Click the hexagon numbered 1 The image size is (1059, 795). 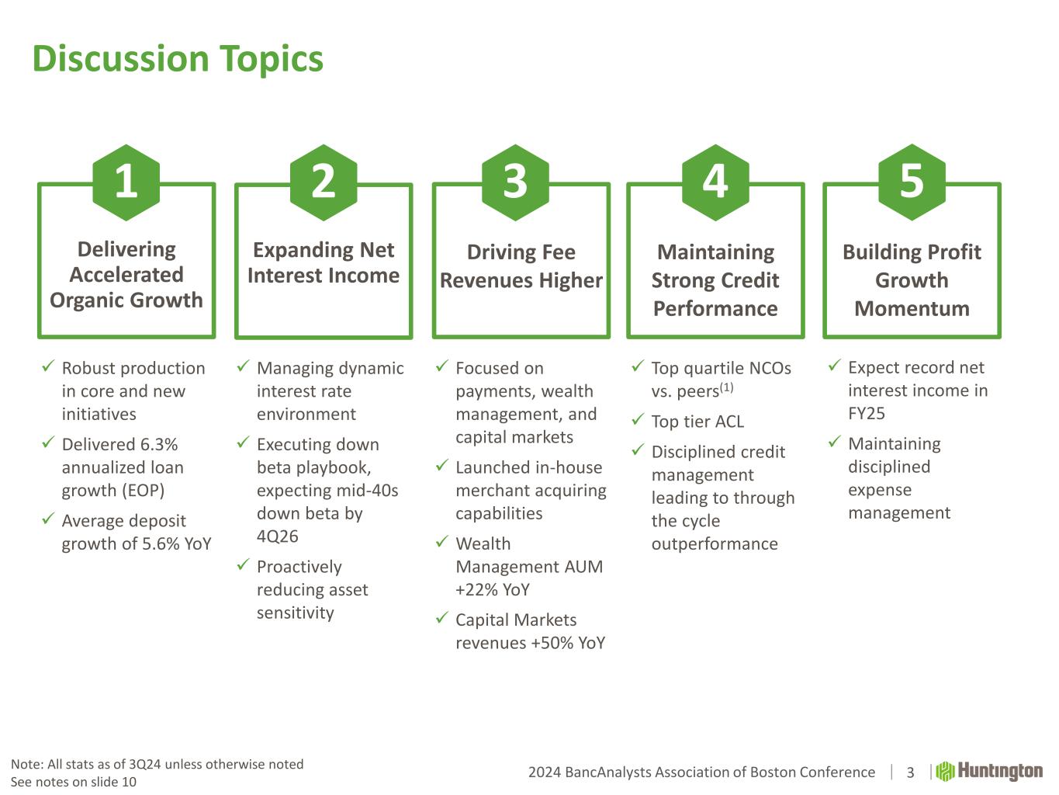(x=126, y=182)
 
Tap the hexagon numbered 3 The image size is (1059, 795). (x=515, y=182)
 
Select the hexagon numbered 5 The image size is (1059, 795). (x=912, y=182)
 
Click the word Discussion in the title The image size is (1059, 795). (x=120, y=58)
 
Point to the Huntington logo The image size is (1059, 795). (x=989, y=772)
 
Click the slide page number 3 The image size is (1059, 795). (x=910, y=772)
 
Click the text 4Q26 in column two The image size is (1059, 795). (x=278, y=536)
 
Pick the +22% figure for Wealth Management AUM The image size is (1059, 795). (x=477, y=589)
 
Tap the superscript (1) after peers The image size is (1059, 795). (x=727, y=387)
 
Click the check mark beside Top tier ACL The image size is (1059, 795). (x=638, y=419)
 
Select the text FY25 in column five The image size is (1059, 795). (x=867, y=413)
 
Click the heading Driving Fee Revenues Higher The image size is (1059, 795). (x=521, y=266)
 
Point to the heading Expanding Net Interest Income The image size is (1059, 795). (x=324, y=262)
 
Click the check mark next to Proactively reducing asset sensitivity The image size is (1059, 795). (x=243, y=564)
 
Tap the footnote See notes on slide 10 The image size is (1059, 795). (x=74, y=782)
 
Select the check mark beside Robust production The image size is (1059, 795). (x=48, y=366)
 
